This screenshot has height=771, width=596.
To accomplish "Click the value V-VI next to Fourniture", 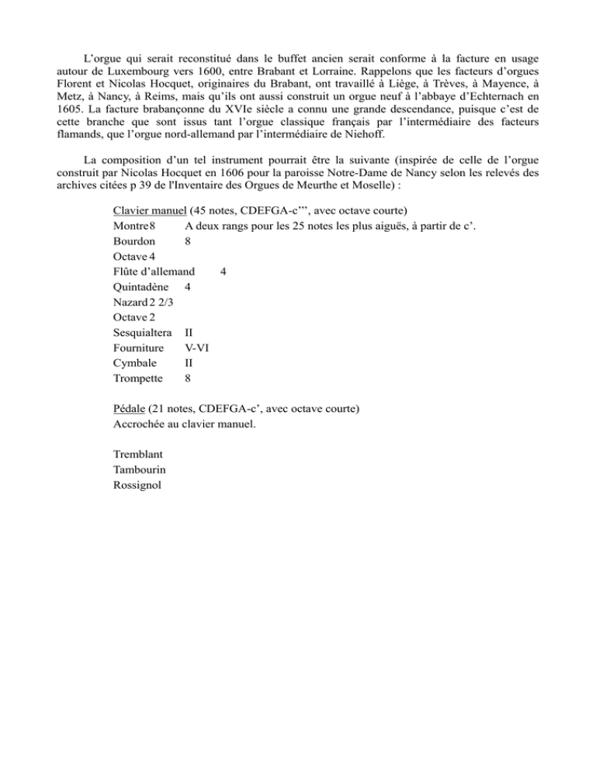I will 196,347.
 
